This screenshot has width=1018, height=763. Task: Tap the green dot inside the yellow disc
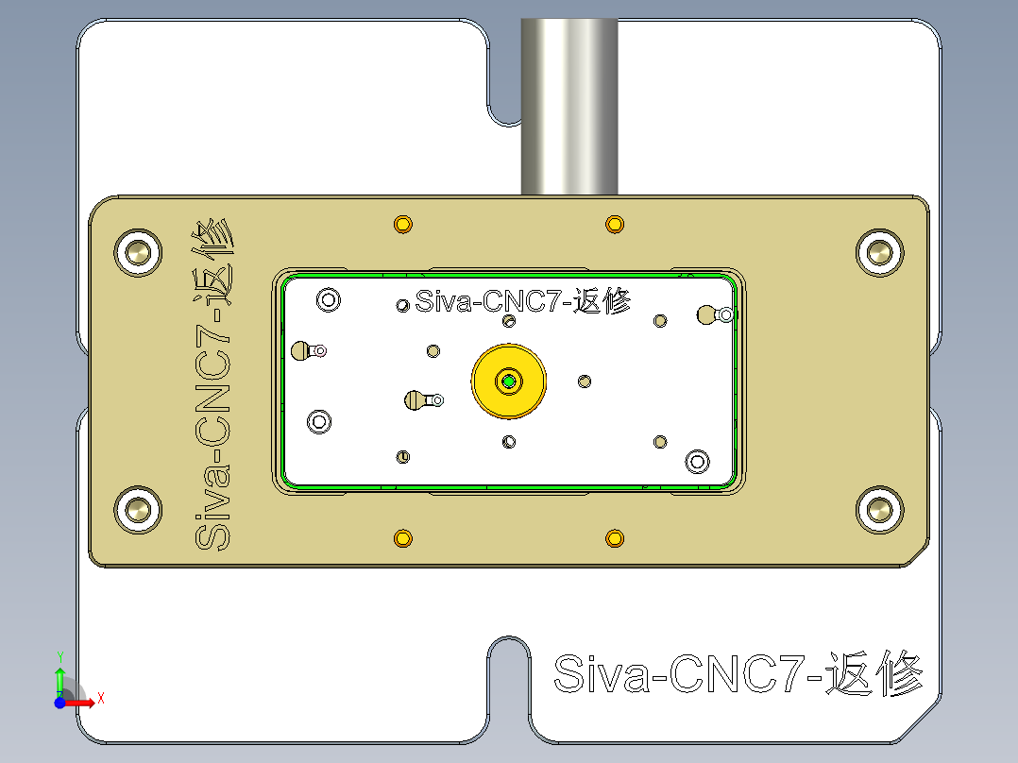(510, 381)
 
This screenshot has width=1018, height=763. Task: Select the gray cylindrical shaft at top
(569, 104)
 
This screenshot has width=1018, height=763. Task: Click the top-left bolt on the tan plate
(139, 252)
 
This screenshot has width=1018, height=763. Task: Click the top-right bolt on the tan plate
(880, 252)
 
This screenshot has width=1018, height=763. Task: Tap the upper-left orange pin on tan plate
(403, 225)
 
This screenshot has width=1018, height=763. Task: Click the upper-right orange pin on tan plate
(615, 225)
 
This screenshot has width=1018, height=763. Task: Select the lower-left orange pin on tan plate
(403, 538)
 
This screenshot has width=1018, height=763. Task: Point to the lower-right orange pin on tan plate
(615, 538)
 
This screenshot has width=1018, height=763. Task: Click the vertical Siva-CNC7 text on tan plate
(212, 387)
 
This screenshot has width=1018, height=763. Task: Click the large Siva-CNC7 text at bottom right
(738, 674)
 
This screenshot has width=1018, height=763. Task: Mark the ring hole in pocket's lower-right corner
(698, 461)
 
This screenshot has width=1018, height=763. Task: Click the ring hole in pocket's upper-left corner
(329, 300)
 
